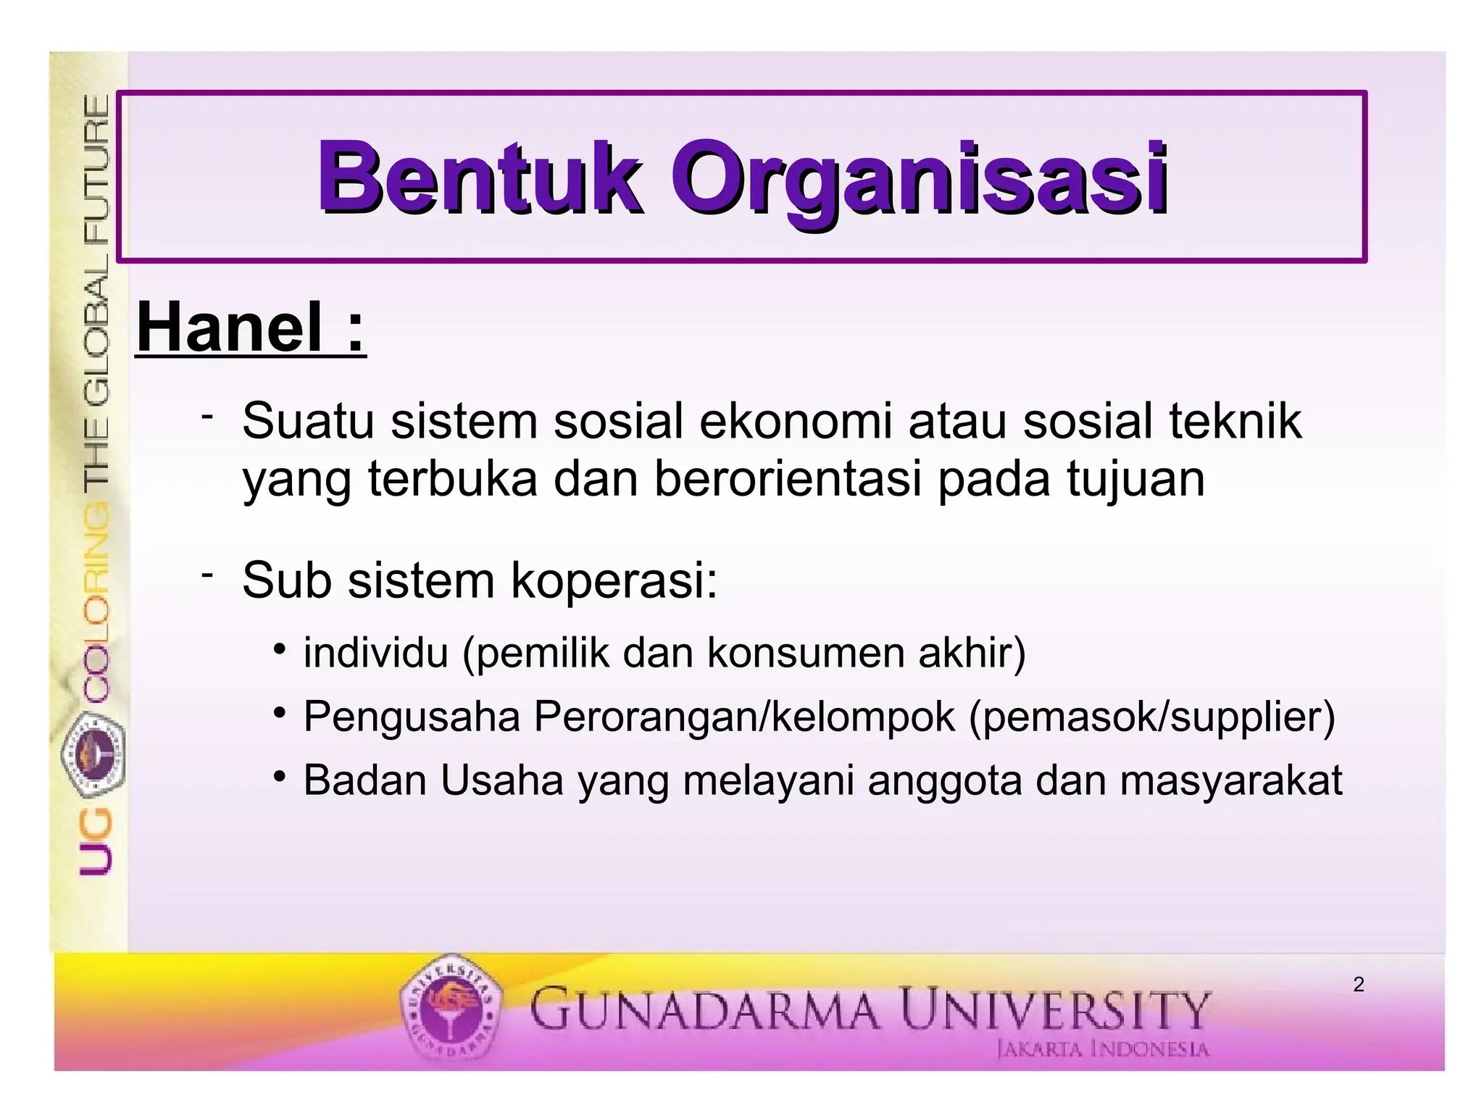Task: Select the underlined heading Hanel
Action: point(230,327)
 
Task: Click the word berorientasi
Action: point(788,479)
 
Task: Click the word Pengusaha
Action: point(412,717)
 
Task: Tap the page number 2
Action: point(1359,985)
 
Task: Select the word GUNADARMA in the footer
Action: point(704,1009)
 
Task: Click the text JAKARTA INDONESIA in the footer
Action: point(1103,1049)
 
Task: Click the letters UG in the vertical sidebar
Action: point(96,843)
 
